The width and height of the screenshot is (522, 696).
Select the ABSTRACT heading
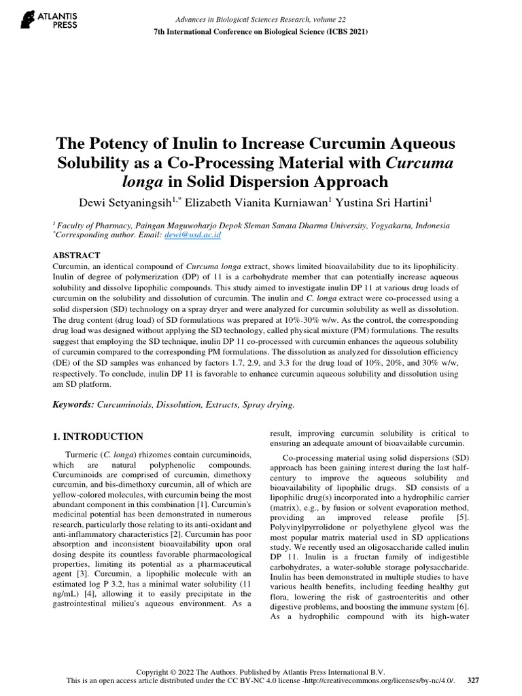tap(77, 255)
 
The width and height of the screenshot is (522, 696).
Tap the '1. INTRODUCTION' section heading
tap(98, 436)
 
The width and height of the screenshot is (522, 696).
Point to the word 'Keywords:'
tap(73, 404)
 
